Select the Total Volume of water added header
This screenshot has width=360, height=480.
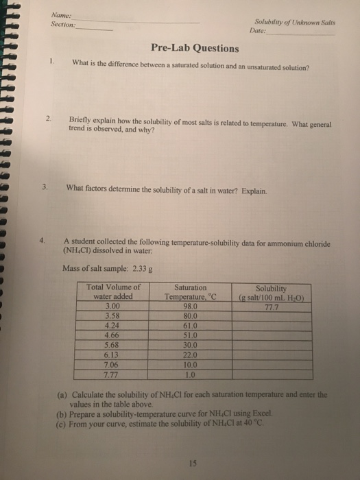(x=115, y=292)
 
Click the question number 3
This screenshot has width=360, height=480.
(x=44, y=187)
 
